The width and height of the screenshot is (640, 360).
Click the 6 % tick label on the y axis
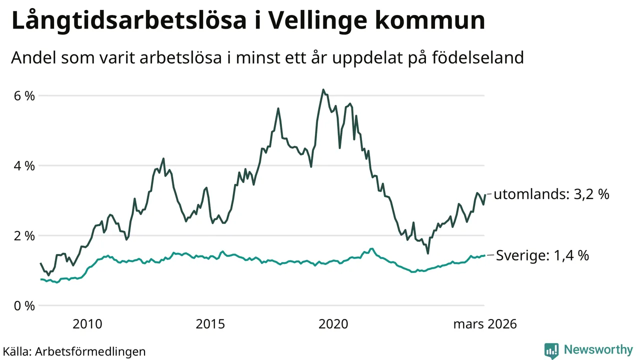pos(23,95)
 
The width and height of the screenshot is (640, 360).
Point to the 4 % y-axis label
pos(23,165)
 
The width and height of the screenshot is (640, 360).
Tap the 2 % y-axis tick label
pos(23,235)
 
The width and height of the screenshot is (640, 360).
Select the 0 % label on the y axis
pos(23,305)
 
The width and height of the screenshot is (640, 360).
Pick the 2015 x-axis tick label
pos(210,324)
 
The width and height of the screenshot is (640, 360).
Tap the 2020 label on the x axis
pos(333,324)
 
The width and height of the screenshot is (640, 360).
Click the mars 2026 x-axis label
pos(484,324)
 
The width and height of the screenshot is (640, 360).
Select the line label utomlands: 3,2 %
pos(551,194)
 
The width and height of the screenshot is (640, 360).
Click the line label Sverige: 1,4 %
pos(542,255)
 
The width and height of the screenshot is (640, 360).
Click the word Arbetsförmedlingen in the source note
pos(90,351)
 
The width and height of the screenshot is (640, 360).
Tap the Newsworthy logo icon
pos(551,350)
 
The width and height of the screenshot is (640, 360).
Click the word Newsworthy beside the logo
pos(598,349)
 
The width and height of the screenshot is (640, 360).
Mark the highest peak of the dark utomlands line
pos(323,90)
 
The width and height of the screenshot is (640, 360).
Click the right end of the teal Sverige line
pos(484,255)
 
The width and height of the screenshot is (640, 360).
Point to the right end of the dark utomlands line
pos(484,194)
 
